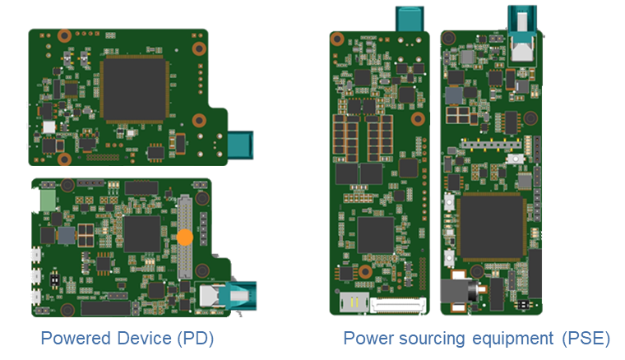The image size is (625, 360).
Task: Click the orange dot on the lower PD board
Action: point(185,237)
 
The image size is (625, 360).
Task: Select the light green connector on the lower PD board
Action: point(48,201)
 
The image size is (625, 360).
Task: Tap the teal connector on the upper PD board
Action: point(240,145)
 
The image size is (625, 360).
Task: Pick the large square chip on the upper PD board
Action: point(134,90)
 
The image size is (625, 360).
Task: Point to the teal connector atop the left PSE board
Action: point(410,19)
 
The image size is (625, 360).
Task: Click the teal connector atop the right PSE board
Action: point(522,24)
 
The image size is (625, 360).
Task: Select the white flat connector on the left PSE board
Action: point(398,306)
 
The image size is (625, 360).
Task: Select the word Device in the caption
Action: point(144,339)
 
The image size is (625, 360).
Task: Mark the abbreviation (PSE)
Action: point(586,339)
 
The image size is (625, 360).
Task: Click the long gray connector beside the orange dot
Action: point(184,237)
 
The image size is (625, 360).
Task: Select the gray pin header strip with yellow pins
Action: point(491,144)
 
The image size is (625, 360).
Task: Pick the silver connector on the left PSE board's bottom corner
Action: point(354,302)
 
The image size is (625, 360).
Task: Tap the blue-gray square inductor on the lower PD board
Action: point(66,235)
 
